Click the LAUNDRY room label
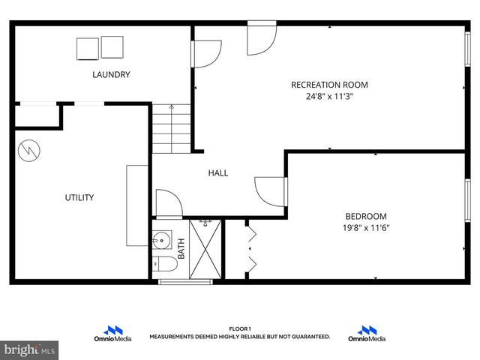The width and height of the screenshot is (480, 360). click(111, 74)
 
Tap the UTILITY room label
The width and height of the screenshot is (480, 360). click(79, 197)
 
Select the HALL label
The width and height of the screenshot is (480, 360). click(218, 172)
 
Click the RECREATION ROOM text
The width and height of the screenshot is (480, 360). click(329, 85)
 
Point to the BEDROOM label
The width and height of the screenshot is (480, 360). click(366, 216)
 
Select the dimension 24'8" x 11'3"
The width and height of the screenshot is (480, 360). click(329, 97)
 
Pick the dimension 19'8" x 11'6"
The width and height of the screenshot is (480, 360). click(366, 228)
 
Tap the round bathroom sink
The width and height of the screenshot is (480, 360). click(160, 241)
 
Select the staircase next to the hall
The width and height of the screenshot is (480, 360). click(172, 129)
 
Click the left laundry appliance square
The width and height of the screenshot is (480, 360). click(87, 48)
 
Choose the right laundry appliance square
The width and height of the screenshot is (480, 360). click(112, 47)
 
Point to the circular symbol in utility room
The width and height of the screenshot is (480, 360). click(27, 149)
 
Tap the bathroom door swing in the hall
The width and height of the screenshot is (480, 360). click(166, 203)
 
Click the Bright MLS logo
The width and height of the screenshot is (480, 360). click(30, 349)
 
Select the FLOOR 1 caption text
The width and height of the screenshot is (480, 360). click(239, 328)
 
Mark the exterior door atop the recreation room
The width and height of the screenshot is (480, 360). click(262, 37)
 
